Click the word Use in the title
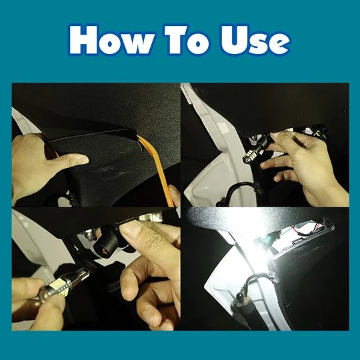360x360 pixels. click(255, 40)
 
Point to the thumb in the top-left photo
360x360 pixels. click(73, 159)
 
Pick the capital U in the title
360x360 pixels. click(233, 40)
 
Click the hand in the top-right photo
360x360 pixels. click(305, 165)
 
